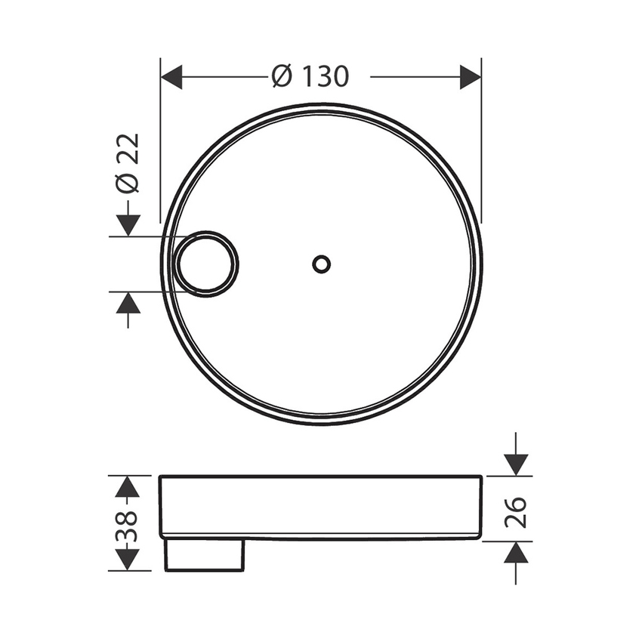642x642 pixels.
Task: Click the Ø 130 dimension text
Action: coord(310,76)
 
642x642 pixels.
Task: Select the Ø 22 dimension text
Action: coord(129,163)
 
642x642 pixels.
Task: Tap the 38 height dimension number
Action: coord(128,522)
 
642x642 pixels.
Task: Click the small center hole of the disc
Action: coord(321,264)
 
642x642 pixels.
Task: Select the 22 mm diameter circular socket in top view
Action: coord(206,264)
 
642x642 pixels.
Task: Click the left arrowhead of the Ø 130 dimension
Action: coord(172,77)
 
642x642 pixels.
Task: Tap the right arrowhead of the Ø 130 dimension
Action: coord(471,77)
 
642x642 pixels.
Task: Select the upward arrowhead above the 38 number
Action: coord(128,487)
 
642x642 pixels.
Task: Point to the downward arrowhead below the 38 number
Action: coord(128,559)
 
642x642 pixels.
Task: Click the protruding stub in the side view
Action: coord(205,554)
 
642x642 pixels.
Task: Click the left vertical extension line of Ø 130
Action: coord(161,151)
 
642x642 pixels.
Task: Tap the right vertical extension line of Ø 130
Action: coord(482,151)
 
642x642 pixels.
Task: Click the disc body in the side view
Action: coord(321,506)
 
